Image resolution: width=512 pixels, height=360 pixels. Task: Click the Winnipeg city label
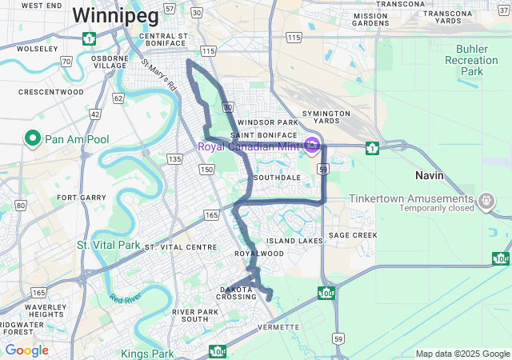(105, 14)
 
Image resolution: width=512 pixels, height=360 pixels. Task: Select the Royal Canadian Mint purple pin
(311, 146)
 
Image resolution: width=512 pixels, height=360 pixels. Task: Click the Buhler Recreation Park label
(471, 60)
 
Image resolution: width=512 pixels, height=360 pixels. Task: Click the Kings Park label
(147, 353)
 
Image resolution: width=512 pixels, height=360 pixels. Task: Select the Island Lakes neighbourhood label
(294, 240)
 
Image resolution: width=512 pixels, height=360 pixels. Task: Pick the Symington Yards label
(326, 117)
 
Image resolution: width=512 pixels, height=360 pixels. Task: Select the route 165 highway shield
(211, 215)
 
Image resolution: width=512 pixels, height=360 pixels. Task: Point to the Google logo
(26, 350)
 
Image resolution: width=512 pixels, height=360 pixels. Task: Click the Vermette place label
(278, 327)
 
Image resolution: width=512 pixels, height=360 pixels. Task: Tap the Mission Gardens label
(370, 19)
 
